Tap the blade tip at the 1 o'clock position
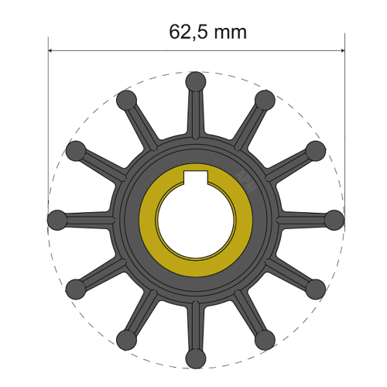click(265, 99)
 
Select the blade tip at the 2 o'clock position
click(315, 149)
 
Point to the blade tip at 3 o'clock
click(334, 219)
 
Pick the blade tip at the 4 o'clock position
click(315, 289)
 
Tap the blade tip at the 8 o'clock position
click(76, 289)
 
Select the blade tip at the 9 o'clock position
click(57, 219)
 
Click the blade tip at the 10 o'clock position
click(76, 149)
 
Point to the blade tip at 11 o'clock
click(126, 99)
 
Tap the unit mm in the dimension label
click(231, 33)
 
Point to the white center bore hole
click(196, 221)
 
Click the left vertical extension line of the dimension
click(49, 116)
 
